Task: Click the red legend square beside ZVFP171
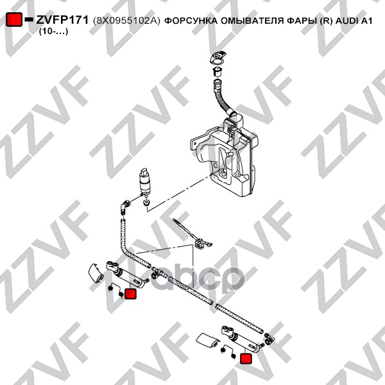point(14,19)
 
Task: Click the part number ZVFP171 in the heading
point(62,20)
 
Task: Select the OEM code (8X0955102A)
point(126,21)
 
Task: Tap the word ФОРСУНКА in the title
point(191,21)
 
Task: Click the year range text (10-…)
point(53,31)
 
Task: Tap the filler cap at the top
point(218,56)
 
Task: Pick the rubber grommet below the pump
point(147,203)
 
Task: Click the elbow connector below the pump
point(126,207)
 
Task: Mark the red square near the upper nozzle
point(130,294)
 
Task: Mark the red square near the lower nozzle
point(246,359)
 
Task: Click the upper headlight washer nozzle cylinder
point(127,275)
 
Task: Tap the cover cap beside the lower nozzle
point(208,341)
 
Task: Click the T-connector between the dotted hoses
point(157,272)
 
